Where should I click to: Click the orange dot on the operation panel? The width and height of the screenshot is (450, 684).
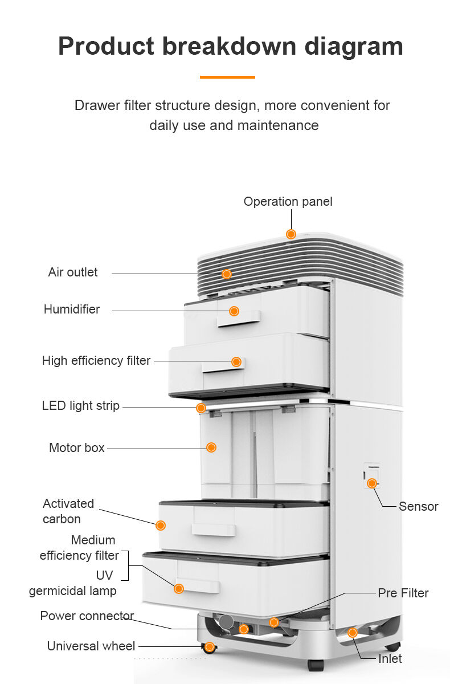[291, 234]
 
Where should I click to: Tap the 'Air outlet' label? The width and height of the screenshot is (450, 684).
[73, 272]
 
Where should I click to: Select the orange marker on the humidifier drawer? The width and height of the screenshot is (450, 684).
[234, 311]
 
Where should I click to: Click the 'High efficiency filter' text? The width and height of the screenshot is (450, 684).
[96, 361]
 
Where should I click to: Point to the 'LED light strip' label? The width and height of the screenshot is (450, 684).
[81, 406]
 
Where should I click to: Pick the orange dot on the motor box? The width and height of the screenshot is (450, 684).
[211, 447]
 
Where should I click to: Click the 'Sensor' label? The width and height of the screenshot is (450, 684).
[418, 506]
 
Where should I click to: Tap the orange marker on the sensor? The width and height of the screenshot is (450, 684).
[372, 483]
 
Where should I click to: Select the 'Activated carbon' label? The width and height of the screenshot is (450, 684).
[68, 511]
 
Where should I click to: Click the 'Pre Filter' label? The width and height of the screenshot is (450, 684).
[403, 593]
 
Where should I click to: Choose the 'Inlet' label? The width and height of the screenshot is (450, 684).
[390, 659]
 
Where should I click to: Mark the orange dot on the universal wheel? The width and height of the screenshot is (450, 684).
[210, 647]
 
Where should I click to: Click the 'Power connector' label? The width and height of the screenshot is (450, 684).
[87, 616]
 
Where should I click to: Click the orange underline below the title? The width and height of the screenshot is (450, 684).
[227, 77]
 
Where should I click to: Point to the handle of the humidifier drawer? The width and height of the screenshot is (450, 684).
[239, 320]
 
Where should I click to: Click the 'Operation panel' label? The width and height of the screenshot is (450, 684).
[288, 202]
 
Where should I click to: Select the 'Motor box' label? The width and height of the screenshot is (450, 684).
[77, 448]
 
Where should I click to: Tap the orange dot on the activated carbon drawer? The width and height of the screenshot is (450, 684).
[161, 525]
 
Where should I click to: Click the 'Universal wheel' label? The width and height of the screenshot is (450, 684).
[91, 646]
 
